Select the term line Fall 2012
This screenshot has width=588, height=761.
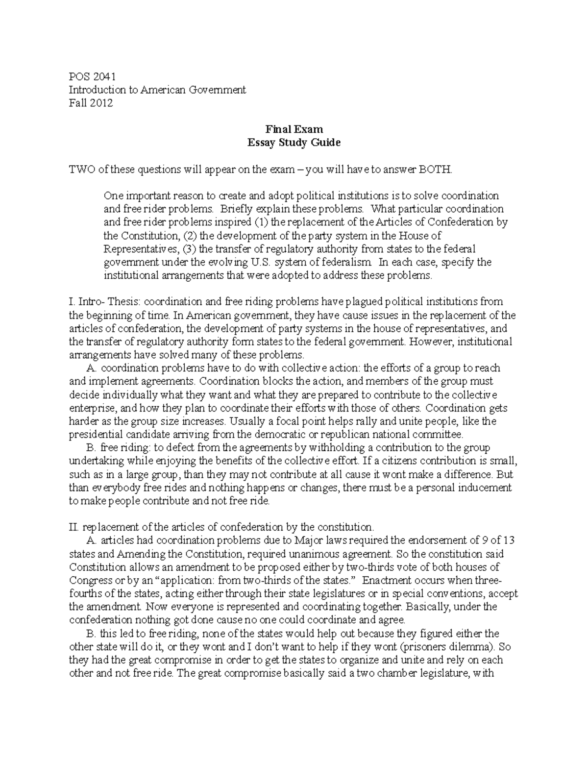(x=91, y=103)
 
